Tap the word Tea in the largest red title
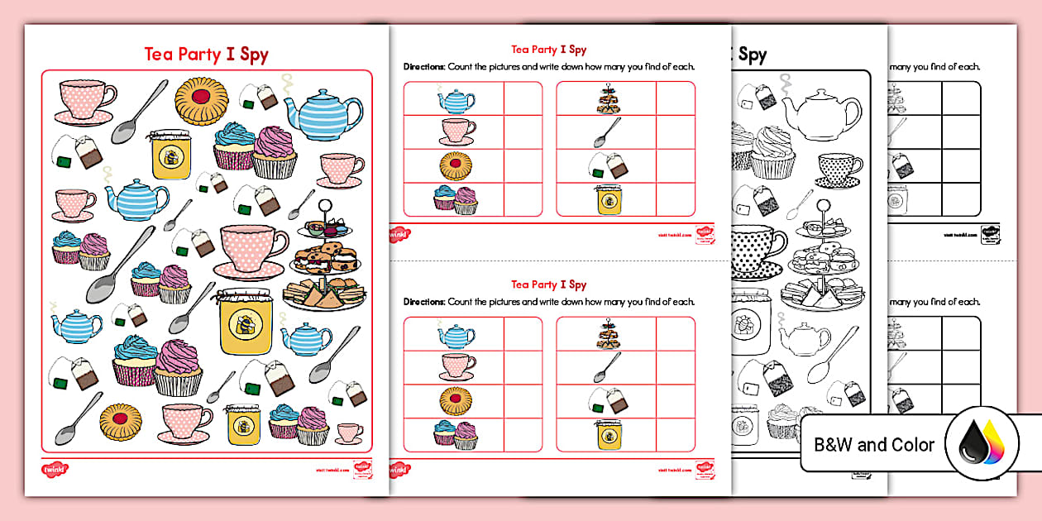point(158,55)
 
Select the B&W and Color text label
point(874,445)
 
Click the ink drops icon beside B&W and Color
point(982,446)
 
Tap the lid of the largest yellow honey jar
point(242,295)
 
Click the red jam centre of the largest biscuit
point(201,97)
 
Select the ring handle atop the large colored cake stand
point(329,203)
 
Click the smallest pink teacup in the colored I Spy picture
point(349,433)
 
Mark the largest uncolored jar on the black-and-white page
point(754,327)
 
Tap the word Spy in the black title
point(752,55)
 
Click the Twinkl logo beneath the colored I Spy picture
point(54,469)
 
